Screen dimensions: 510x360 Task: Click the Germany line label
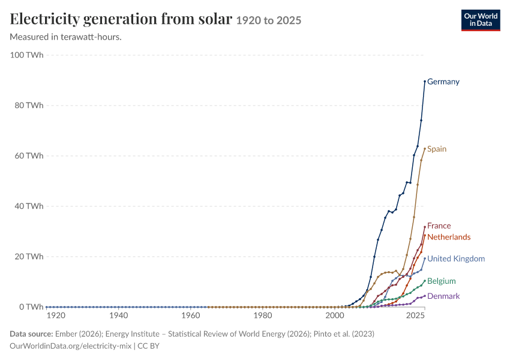click(x=443, y=82)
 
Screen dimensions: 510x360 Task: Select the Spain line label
click(x=436, y=149)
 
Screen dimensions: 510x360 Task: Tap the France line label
click(x=439, y=226)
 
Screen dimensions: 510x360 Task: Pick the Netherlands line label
click(x=449, y=237)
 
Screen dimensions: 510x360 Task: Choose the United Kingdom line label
click(x=456, y=259)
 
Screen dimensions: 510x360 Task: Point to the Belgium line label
click(x=442, y=281)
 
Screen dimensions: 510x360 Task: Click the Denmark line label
click(x=443, y=296)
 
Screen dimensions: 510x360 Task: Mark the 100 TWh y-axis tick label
click(x=26, y=55)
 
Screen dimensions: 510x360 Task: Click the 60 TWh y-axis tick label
click(x=29, y=156)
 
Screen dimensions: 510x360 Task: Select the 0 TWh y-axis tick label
click(x=31, y=307)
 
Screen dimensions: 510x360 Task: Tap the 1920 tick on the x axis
click(x=56, y=316)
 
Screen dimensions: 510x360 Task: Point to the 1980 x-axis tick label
click(x=263, y=316)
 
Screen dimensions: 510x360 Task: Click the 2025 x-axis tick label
click(x=415, y=316)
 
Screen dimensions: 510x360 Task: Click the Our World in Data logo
click(x=481, y=20)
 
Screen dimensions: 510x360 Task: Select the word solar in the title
click(x=215, y=19)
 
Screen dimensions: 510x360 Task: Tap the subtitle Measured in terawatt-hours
click(x=66, y=37)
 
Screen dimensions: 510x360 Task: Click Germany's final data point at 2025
click(x=425, y=82)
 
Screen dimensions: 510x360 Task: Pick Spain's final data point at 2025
click(x=425, y=149)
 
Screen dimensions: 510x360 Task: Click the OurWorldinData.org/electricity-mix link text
click(x=71, y=346)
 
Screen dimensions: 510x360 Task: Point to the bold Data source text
click(x=31, y=334)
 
